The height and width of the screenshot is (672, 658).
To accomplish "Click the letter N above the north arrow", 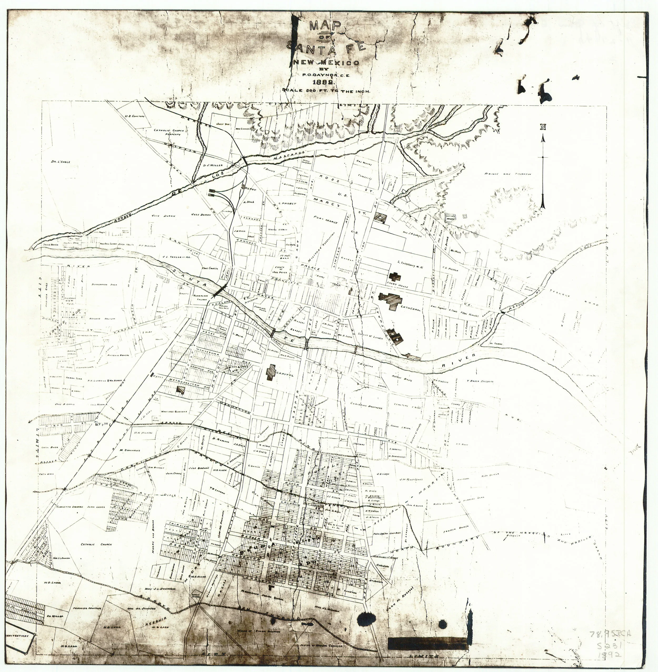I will pyautogui.click(x=543, y=127).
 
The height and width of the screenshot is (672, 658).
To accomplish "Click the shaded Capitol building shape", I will pyautogui.click(x=271, y=372).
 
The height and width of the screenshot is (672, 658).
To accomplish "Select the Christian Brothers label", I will pyautogui.click(x=366, y=407).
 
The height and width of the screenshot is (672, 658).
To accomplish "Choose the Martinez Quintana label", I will pyautogui.click(x=174, y=412).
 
